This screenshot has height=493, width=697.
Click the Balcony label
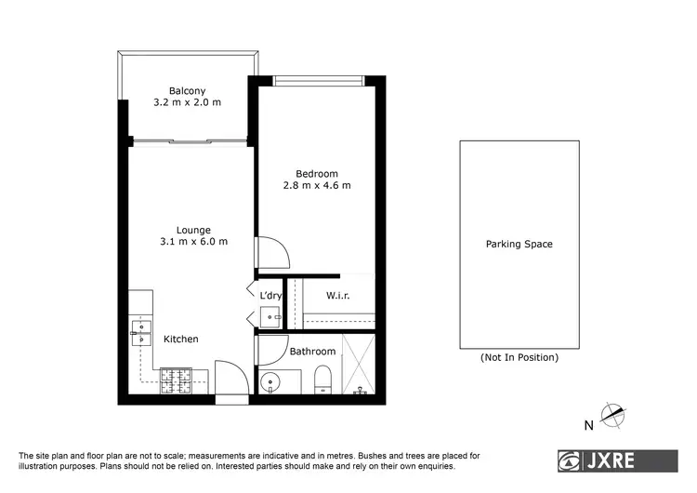pyautogui.click(x=188, y=90)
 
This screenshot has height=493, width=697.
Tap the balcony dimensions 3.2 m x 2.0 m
pyautogui.click(x=188, y=102)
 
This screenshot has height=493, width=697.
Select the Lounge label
pyautogui.click(x=193, y=230)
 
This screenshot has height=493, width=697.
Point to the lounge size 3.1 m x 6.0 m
pyautogui.click(x=193, y=242)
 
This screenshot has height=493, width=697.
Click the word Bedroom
pyautogui.click(x=317, y=173)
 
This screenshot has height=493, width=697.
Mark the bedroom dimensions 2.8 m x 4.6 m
pyautogui.click(x=317, y=185)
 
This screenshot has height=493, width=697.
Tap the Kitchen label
pyautogui.click(x=181, y=340)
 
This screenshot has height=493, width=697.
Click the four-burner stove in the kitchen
pyautogui.click(x=175, y=379)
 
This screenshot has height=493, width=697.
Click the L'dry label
pyautogui.click(x=270, y=296)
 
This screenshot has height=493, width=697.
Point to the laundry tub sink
pyautogui.click(x=270, y=317)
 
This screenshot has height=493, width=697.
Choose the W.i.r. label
pyautogui.click(x=337, y=296)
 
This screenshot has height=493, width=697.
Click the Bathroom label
pyautogui.click(x=312, y=352)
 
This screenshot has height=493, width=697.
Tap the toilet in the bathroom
pyautogui.click(x=323, y=378)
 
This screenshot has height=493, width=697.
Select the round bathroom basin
pyautogui.click(x=270, y=380)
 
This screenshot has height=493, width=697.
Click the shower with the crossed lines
pyautogui.click(x=357, y=365)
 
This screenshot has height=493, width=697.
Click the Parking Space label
pyautogui.click(x=519, y=245)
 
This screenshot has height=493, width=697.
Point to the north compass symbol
pyautogui.click(x=612, y=415)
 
